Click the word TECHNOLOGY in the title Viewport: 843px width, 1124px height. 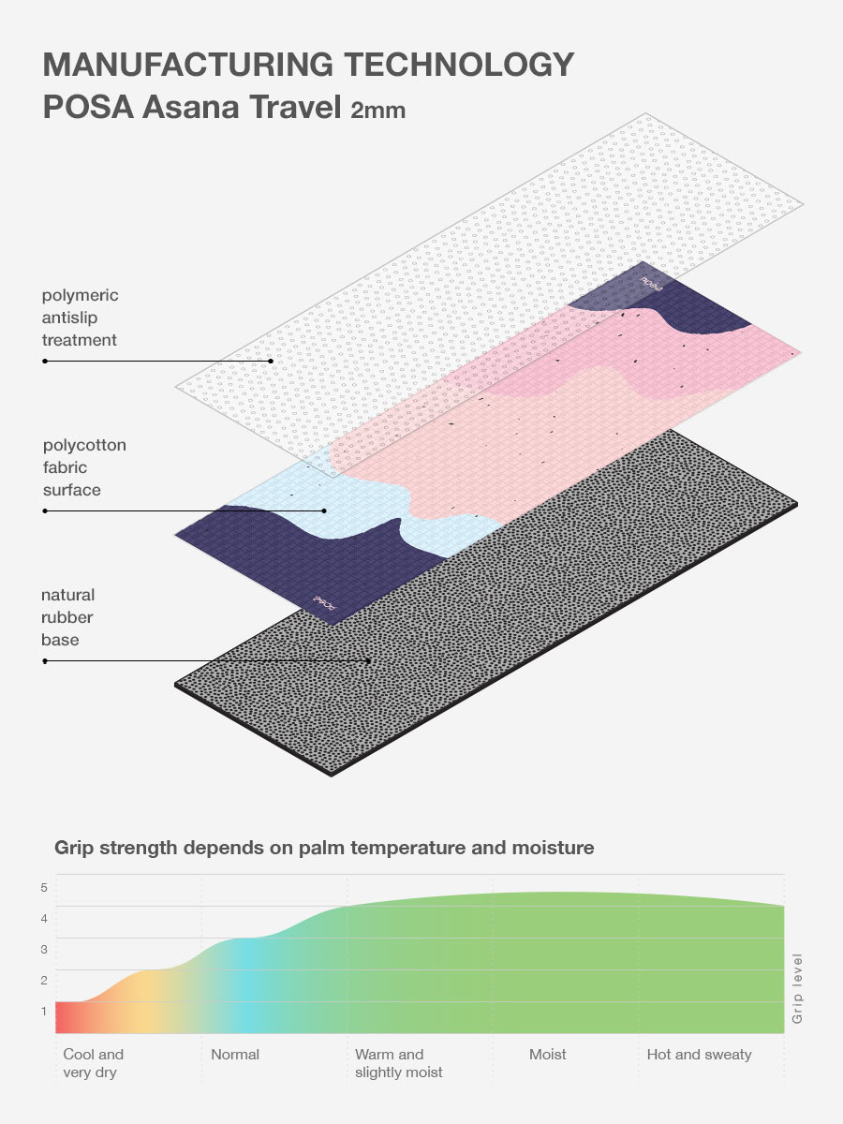460,65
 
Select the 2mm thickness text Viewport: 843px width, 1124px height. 377,111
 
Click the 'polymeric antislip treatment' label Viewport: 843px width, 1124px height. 80,318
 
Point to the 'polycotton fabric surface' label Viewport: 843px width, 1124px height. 84,467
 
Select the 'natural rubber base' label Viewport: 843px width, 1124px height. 67,617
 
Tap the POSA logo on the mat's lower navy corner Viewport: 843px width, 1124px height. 324,601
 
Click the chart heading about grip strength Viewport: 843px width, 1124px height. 324,848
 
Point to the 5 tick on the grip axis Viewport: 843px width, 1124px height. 43,887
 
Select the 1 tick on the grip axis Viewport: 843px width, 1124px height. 43,1011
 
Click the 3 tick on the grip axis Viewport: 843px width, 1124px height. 43,949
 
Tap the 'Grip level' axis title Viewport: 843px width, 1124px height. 798,988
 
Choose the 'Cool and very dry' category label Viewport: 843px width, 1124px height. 93,1063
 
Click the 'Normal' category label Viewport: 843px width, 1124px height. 235,1055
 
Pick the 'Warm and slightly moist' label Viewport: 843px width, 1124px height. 399,1063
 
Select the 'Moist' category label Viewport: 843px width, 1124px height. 548,1055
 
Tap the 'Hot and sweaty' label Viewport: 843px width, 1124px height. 700,1055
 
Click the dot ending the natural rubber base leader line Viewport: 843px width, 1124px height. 370,660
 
